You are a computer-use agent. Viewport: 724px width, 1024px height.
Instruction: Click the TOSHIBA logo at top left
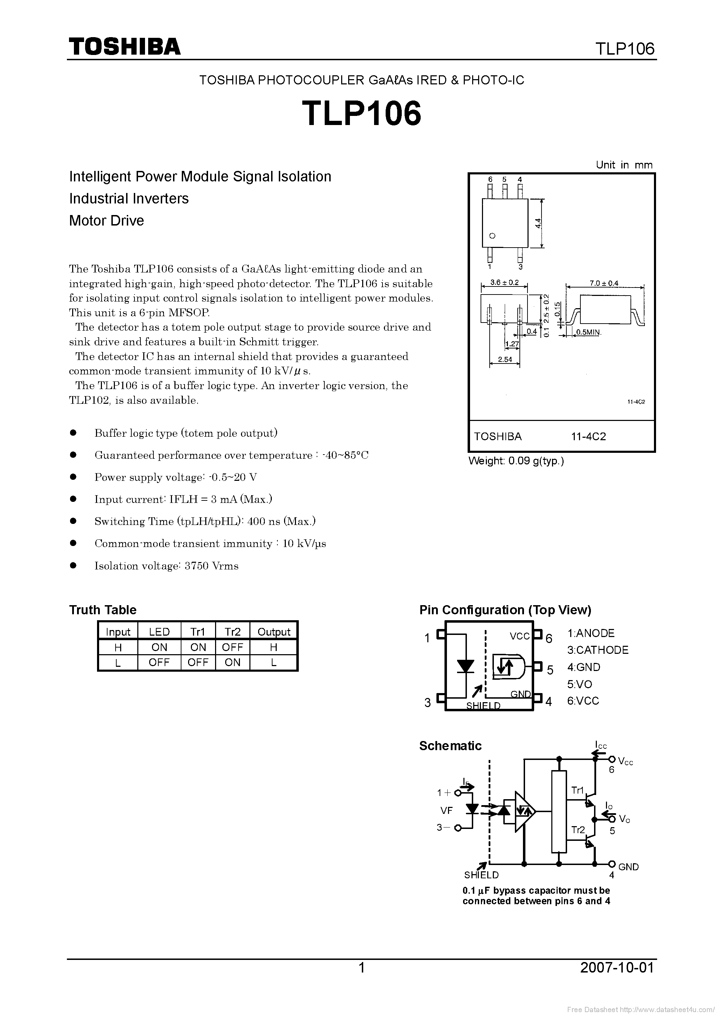click(124, 46)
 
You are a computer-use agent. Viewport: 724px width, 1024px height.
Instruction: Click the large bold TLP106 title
click(361, 113)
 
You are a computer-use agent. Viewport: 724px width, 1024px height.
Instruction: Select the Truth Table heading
click(103, 610)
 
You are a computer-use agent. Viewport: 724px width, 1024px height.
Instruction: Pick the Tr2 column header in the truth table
click(233, 631)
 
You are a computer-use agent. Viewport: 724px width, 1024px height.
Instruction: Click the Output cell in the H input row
click(274, 647)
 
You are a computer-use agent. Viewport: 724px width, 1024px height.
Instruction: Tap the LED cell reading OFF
click(159, 662)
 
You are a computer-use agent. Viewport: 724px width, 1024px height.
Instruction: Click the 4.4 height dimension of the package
click(538, 223)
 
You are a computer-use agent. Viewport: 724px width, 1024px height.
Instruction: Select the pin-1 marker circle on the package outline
click(492, 236)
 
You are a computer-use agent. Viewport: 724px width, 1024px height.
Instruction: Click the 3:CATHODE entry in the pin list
click(598, 650)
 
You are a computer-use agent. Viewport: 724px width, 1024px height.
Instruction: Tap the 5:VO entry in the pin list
click(580, 684)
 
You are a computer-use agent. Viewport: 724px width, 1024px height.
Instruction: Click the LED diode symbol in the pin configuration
click(466, 666)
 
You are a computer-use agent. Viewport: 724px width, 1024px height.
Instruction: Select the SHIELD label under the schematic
click(481, 875)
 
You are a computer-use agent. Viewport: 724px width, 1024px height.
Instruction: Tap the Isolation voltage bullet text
click(166, 566)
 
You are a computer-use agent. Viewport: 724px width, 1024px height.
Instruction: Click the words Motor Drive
click(106, 220)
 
